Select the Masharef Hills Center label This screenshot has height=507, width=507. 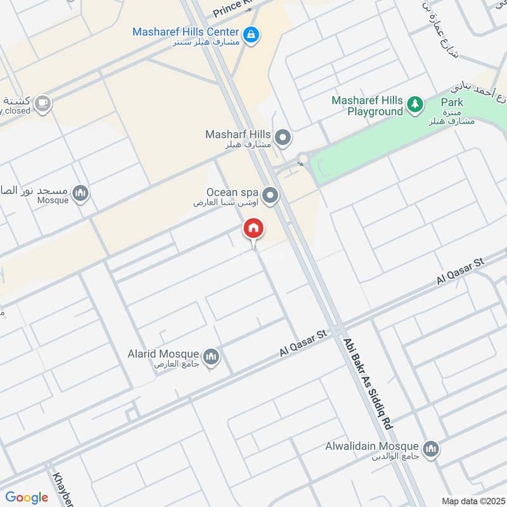(185, 32)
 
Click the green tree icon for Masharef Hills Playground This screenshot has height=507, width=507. (414, 103)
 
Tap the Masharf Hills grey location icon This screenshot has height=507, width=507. (283, 136)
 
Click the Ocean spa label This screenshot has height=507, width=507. (233, 193)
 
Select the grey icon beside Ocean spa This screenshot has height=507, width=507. (271, 195)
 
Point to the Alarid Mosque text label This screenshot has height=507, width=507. (172, 354)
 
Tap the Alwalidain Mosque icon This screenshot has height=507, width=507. (431, 449)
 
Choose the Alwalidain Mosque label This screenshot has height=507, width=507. (378, 447)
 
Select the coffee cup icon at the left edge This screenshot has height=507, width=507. (42, 103)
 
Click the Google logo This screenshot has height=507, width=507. (27, 497)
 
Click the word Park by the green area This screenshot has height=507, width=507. (452, 103)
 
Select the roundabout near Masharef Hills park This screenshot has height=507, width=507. (303, 158)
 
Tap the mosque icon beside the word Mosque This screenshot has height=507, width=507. (80, 193)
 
